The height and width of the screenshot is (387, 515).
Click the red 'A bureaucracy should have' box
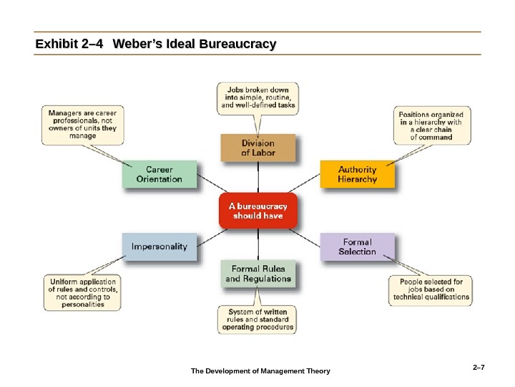257,211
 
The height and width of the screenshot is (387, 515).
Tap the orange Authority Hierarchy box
357,175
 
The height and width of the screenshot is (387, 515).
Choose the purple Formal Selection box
357,247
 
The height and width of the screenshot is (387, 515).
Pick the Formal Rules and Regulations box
257,273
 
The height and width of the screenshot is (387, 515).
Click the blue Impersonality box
159,247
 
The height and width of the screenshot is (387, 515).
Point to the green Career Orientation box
159,175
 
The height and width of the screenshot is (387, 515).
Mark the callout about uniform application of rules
83,292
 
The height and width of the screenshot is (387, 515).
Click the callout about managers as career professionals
83,124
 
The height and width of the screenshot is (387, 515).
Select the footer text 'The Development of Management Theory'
260,371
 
